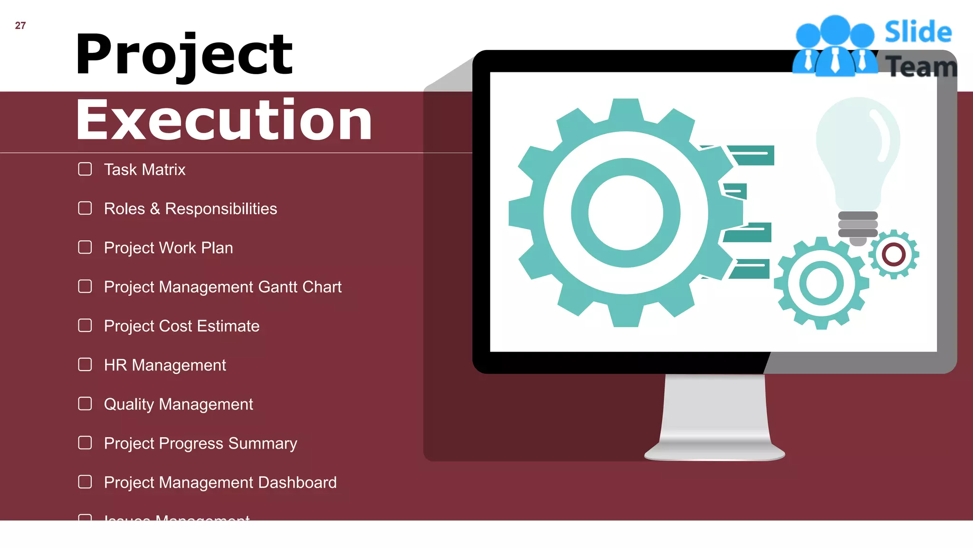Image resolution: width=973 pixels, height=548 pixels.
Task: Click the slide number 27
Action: pyautogui.click(x=20, y=26)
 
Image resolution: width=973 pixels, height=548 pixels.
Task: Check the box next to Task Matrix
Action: pyautogui.click(x=85, y=169)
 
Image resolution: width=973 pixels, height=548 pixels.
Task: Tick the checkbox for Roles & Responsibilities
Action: pyautogui.click(x=85, y=208)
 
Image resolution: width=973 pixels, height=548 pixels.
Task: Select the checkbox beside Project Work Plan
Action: pyautogui.click(x=85, y=247)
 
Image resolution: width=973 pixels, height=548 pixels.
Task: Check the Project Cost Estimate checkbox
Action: pyautogui.click(x=85, y=326)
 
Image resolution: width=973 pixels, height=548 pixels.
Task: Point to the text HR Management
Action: pyautogui.click(x=165, y=365)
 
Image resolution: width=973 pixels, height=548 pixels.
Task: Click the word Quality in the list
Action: pyautogui.click(x=129, y=404)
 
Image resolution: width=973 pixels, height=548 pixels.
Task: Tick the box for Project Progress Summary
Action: pyautogui.click(x=85, y=443)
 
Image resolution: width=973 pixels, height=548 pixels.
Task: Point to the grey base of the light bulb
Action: pyautogui.click(x=858, y=225)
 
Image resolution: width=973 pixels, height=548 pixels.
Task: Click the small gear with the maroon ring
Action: pyautogui.click(x=894, y=254)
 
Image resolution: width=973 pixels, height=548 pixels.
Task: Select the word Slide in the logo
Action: pyautogui.click(x=918, y=32)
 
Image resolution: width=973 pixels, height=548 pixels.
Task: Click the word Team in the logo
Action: pyautogui.click(x=921, y=67)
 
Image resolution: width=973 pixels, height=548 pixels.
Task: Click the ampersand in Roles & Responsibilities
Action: pyautogui.click(x=155, y=209)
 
